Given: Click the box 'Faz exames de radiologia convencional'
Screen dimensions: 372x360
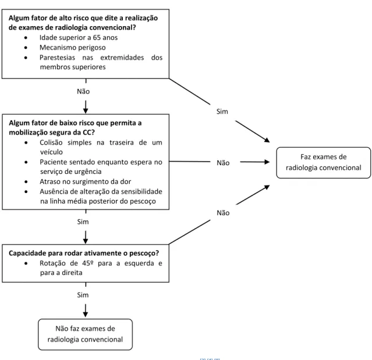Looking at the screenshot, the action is (x=323, y=163).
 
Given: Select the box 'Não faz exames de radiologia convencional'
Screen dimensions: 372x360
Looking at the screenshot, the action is (x=85, y=334).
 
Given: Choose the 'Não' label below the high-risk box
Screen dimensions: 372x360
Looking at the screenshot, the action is (x=83, y=91).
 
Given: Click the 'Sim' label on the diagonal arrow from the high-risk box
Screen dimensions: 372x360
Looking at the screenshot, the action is (x=222, y=112).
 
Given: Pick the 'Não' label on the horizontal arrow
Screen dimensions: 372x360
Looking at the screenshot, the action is (x=223, y=163).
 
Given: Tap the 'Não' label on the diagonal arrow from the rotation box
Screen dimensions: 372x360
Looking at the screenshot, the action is (x=223, y=213).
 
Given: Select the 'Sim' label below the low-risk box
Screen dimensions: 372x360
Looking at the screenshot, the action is (x=83, y=222).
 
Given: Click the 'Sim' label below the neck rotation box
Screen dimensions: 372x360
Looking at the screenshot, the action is (x=83, y=295).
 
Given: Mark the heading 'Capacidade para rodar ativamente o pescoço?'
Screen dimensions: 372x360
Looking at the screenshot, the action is (x=84, y=254).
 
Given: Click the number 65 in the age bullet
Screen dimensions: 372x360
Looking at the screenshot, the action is (x=97, y=38).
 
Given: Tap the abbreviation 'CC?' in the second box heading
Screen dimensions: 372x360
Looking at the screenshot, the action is (x=88, y=132).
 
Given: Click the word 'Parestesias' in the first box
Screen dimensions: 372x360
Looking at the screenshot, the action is (x=57, y=58).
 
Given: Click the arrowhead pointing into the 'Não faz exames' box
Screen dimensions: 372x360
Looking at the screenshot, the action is (x=86, y=314).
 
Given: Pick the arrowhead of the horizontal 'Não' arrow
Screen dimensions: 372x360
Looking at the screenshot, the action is (x=267, y=162).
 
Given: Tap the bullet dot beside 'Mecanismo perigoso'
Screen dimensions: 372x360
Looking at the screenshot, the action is (x=26, y=48).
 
